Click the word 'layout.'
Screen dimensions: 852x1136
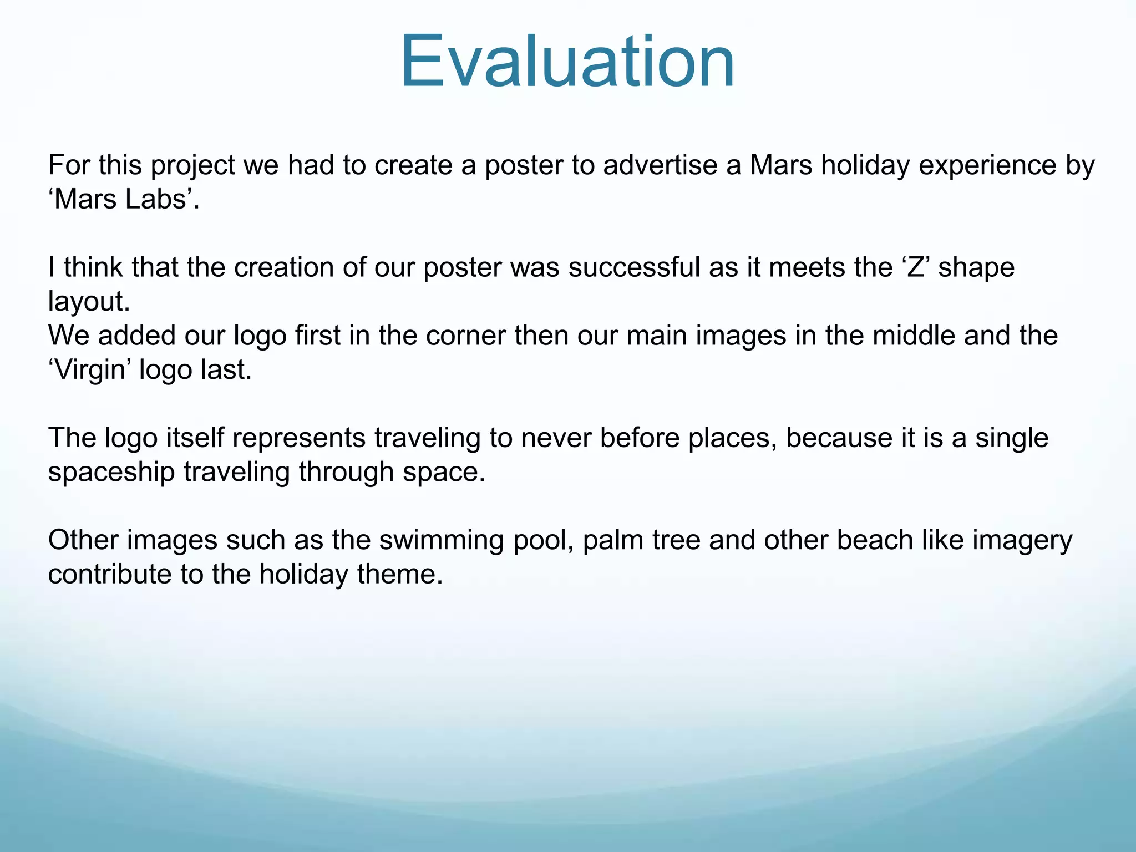point(89,302)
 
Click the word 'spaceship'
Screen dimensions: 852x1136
point(111,472)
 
